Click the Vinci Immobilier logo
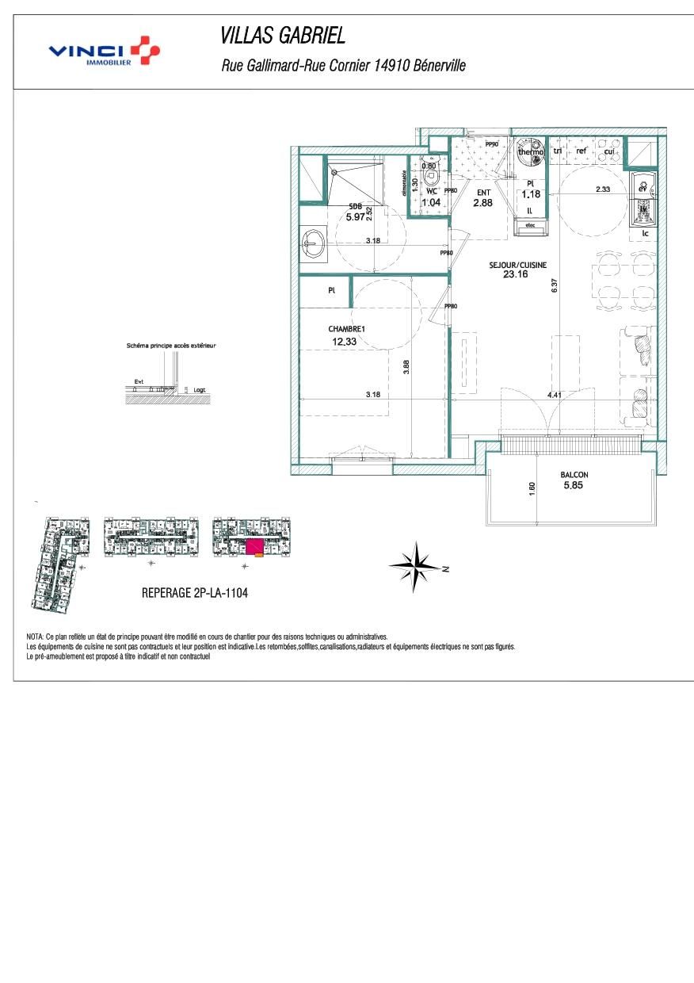104,52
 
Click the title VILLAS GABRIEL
283,36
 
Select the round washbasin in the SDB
314,243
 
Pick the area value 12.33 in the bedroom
345,342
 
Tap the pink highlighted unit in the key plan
254,546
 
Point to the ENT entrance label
483,193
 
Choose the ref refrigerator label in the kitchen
582,151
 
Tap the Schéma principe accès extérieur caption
171,346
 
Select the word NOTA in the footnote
36,637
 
